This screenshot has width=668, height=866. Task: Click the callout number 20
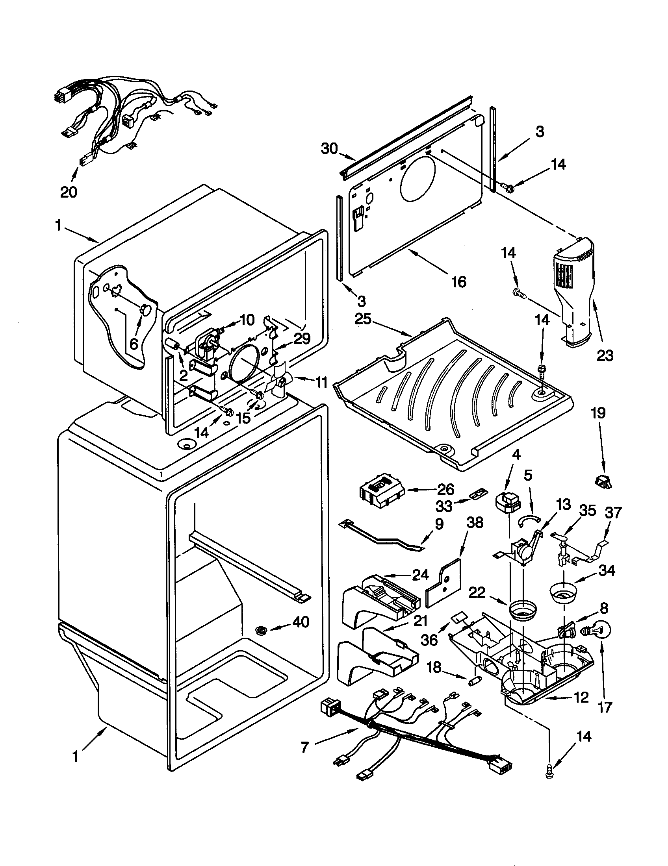point(69,192)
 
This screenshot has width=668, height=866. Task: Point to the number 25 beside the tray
point(363,318)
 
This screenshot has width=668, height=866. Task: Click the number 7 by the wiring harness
point(304,748)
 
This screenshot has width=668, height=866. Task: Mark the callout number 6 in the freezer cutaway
point(134,343)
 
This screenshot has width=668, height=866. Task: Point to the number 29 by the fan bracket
point(302,338)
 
